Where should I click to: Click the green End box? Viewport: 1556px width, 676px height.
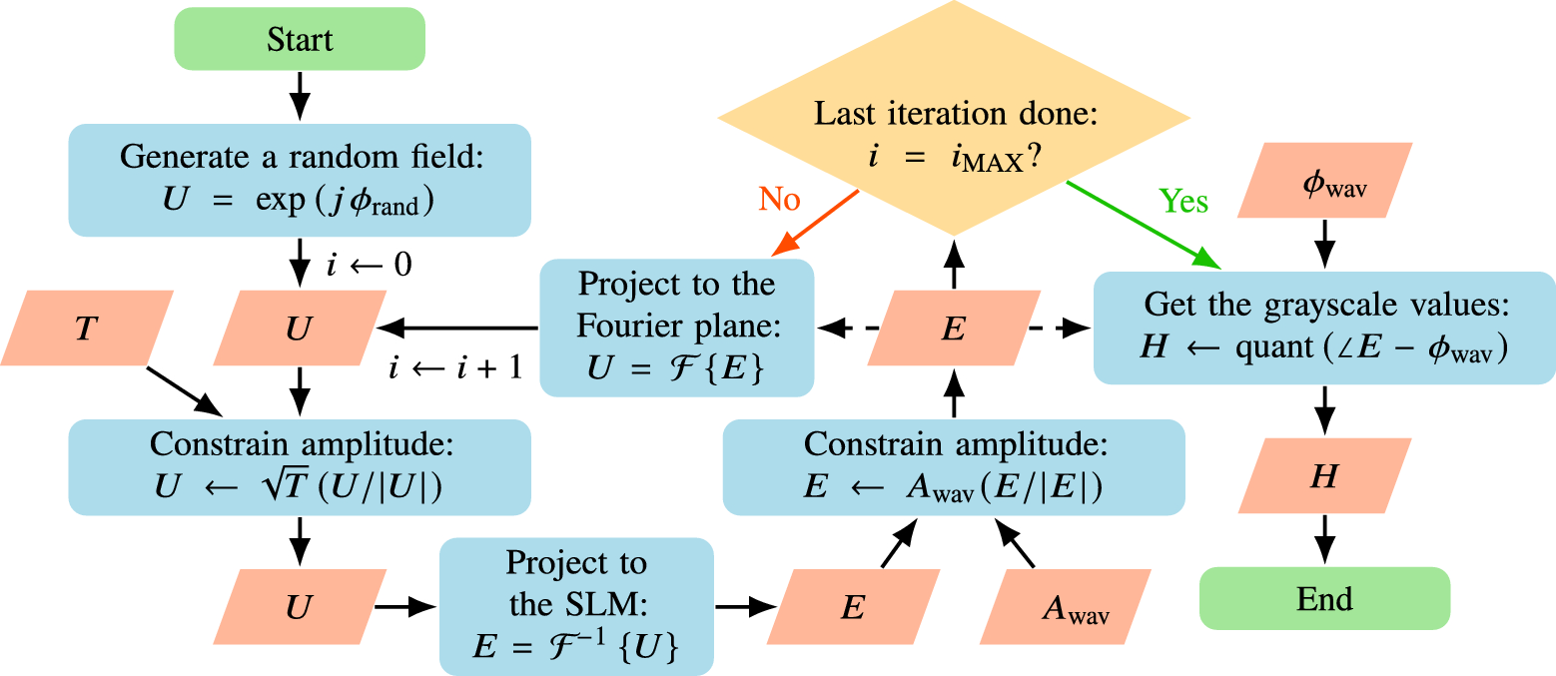point(1324,599)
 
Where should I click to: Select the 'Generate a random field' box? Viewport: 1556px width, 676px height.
point(300,180)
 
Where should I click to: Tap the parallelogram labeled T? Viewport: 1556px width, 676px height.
point(86,329)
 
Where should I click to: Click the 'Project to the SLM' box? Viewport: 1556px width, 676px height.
point(576,607)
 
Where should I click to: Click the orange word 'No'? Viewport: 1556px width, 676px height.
point(779,200)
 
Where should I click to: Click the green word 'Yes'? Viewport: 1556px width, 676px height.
point(1182,202)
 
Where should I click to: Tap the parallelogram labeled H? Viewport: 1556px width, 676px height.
point(1324,477)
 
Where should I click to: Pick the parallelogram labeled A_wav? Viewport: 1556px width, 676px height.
point(1074,607)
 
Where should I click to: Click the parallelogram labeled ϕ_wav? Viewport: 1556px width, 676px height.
point(1324,180)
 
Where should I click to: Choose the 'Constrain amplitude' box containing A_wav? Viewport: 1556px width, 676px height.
point(954,467)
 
